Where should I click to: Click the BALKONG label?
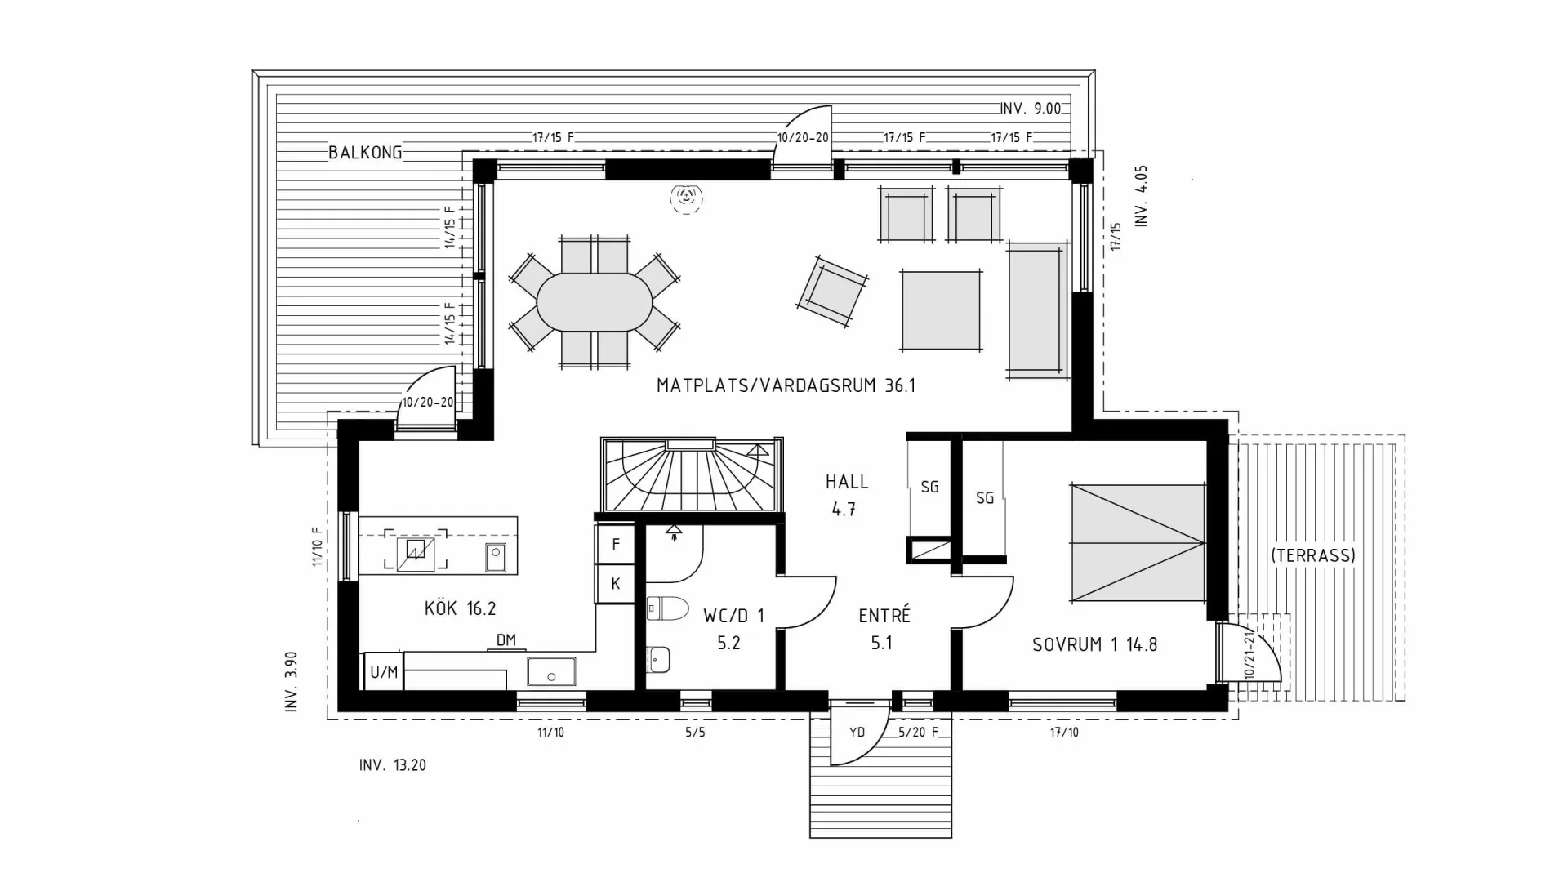[x=365, y=153]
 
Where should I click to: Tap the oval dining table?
[x=594, y=301]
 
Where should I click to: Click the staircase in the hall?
[x=691, y=477]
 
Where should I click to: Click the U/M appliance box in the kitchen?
[x=383, y=672]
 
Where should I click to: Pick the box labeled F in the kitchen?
[x=615, y=545]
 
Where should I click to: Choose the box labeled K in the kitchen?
[x=615, y=583]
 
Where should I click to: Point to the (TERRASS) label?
[x=1312, y=555]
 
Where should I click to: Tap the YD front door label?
[x=857, y=733]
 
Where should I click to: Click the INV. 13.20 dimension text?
[x=392, y=765]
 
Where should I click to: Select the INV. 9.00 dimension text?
[x=1030, y=109]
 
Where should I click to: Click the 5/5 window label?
[x=695, y=733]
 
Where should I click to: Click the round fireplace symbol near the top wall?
[x=686, y=196]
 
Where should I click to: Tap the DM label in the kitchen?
[x=506, y=639]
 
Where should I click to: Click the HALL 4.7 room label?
[x=846, y=495]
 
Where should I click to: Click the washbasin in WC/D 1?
[x=658, y=658]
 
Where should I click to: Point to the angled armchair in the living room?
[x=832, y=291]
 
